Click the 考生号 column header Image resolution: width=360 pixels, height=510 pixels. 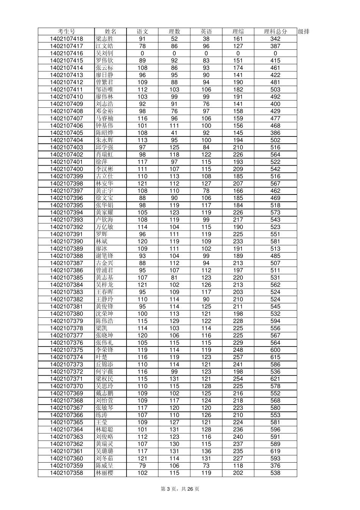click(x=66, y=31)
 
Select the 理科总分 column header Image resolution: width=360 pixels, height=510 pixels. click(x=275, y=31)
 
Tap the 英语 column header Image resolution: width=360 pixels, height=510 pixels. click(x=206, y=31)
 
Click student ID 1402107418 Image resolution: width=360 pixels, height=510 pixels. click(x=66, y=39)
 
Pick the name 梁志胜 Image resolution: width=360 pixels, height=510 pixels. click(x=104, y=39)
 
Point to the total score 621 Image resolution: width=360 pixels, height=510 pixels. click(x=275, y=379)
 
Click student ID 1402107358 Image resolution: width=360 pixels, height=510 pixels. click(x=66, y=473)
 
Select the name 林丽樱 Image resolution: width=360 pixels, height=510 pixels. click(x=104, y=473)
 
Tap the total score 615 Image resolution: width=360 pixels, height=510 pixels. click(x=275, y=357)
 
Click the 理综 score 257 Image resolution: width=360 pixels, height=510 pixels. click(x=238, y=357)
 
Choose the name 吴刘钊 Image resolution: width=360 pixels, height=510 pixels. click(x=104, y=53)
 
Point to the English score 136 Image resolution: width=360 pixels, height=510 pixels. click(x=206, y=451)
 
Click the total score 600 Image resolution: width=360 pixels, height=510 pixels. click(x=275, y=350)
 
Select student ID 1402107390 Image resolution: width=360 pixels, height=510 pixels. click(x=66, y=241)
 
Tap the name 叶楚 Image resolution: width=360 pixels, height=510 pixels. click(x=102, y=357)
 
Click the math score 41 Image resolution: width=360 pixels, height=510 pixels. click(x=174, y=133)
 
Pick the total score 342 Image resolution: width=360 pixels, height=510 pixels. click(x=275, y=39)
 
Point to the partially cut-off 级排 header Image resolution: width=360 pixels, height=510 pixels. click(x=304, y=31)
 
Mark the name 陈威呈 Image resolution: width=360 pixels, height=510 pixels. click(x=104, y=466)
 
